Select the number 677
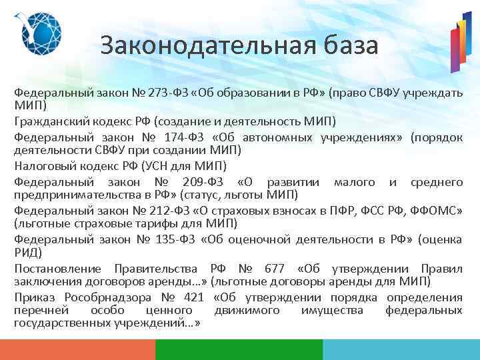[x=273, y=269]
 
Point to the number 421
[x=192, y=297]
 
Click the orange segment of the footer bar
[x=77, y=350]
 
